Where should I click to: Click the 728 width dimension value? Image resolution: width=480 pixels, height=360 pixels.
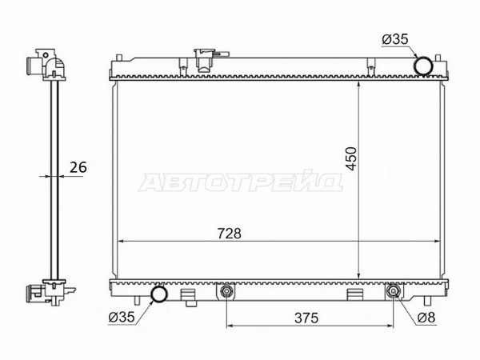pos(230,234)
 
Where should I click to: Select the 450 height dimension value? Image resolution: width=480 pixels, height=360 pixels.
pos(352,158)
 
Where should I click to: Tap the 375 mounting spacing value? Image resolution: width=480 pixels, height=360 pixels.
pos(306,318)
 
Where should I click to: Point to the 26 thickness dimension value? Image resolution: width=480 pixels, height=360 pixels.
pos(78,167)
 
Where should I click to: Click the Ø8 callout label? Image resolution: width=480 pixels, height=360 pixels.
pos(426,318)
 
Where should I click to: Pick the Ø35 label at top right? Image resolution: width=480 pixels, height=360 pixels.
pos(395,39)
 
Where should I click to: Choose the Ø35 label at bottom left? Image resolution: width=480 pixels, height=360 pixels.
pos(122,317)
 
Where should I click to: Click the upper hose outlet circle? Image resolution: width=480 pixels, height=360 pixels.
pos(424,66)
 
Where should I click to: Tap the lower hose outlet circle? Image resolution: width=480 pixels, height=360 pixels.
pos(160,294)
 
